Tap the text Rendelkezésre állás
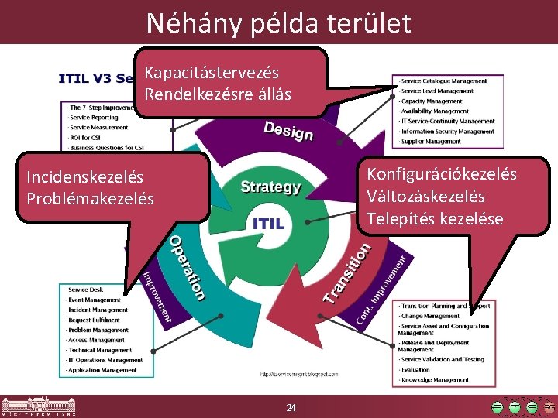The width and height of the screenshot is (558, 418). [x=217, y=94]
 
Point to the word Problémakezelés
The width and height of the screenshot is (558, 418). [x=90, y=199]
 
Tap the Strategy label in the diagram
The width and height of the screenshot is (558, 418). [x=270, y=187]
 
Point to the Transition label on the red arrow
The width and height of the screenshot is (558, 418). [x=347, y=272]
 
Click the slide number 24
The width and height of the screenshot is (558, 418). [x=291, y=408]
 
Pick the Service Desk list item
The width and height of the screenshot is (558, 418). [x=85, y=290]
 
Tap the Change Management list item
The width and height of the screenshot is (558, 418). [x=430, y=316]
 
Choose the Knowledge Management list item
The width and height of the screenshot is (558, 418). [x=435, y=380]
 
